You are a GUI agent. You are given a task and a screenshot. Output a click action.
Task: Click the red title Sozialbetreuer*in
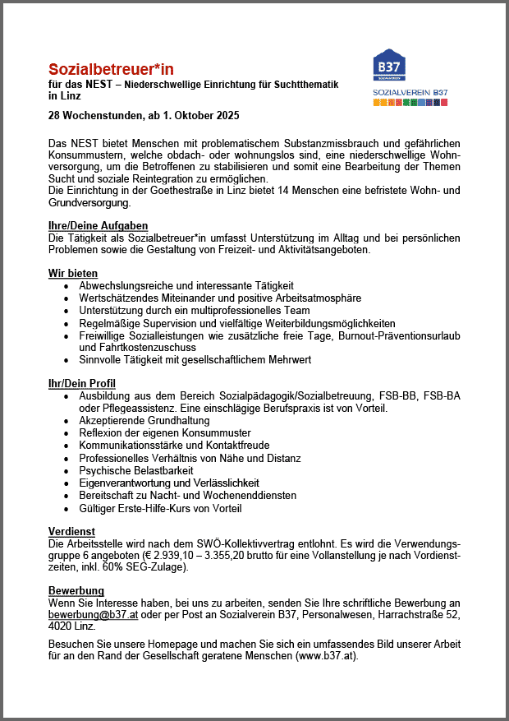111,69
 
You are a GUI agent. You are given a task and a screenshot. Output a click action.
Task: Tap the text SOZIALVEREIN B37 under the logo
410,92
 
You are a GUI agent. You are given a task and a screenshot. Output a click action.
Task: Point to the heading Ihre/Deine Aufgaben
99,226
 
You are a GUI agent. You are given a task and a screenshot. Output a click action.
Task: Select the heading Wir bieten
73,273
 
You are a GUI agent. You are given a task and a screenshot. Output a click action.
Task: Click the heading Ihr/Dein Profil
82,384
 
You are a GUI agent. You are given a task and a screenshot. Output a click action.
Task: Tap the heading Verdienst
71,532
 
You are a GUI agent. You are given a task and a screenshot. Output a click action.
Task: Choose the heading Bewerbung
76,591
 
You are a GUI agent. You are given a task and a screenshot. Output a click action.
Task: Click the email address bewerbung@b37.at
93,614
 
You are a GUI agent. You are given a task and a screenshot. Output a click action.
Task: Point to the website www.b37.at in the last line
330,657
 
